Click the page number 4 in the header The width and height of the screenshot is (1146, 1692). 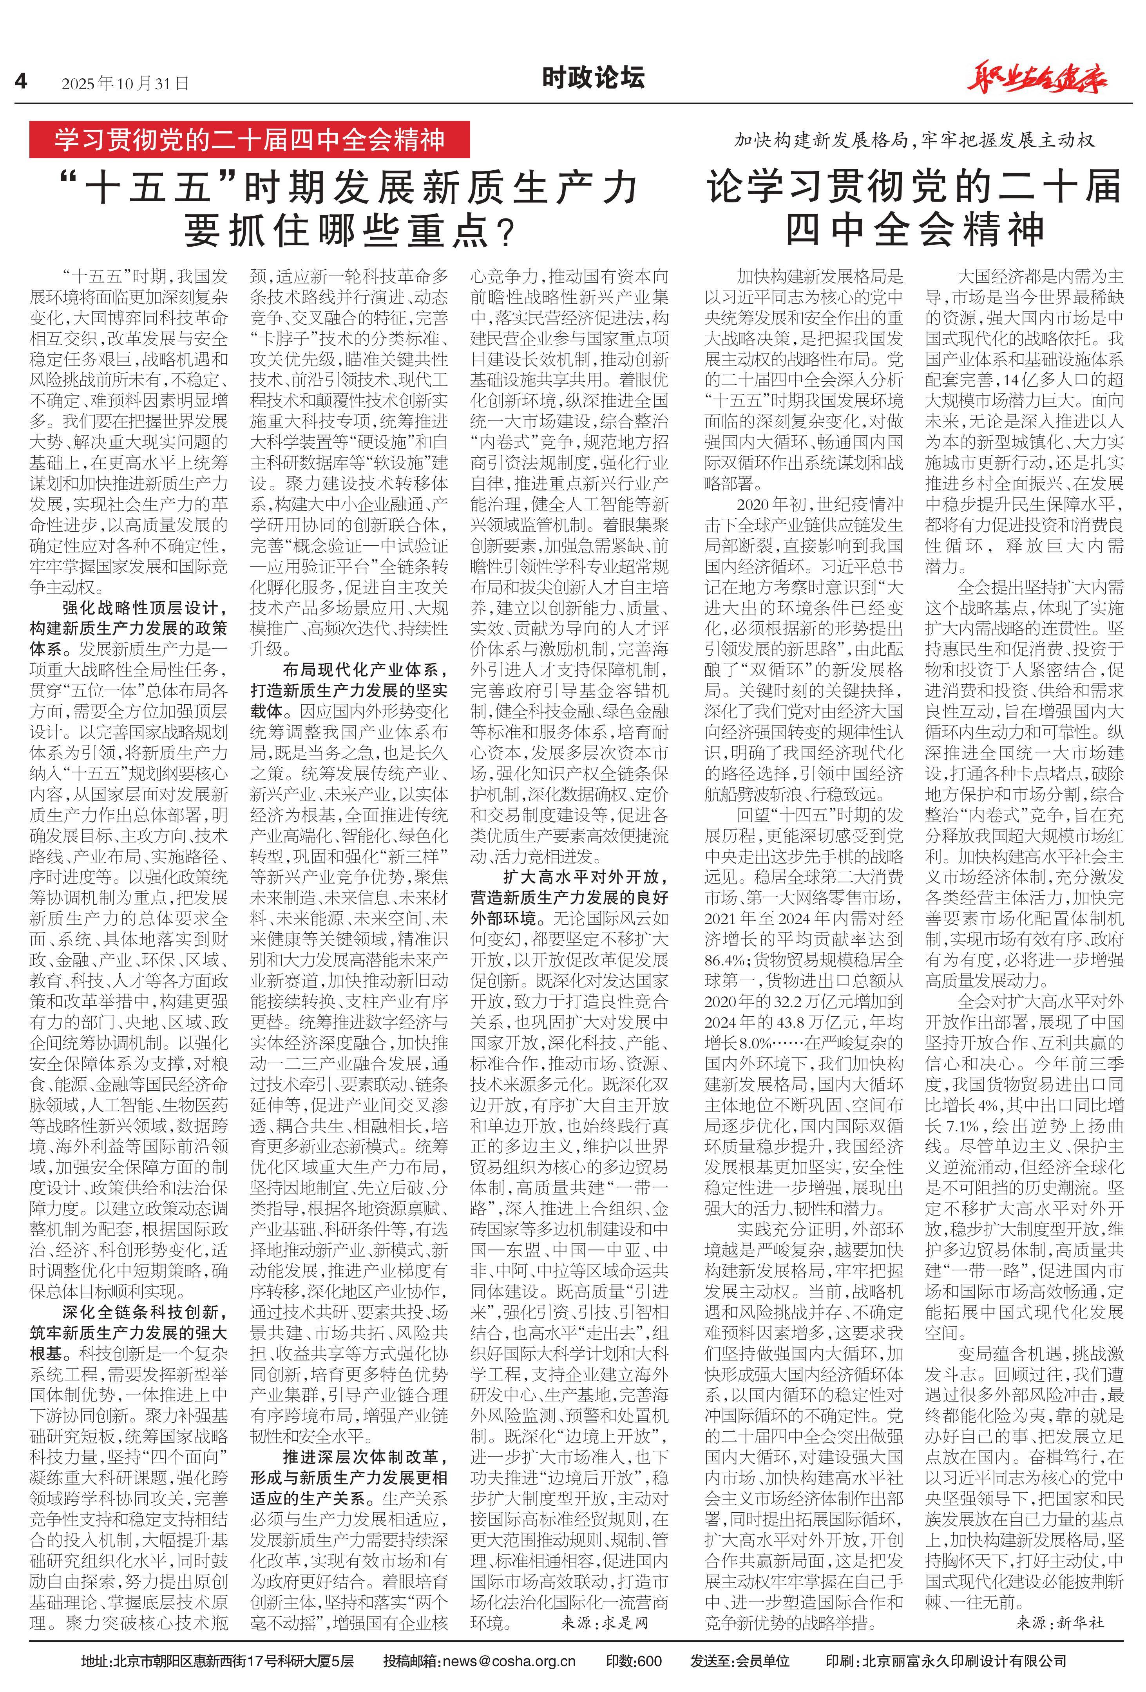click(20, 81)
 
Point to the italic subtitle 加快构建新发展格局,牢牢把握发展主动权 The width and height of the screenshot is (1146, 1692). click(914, 140)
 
